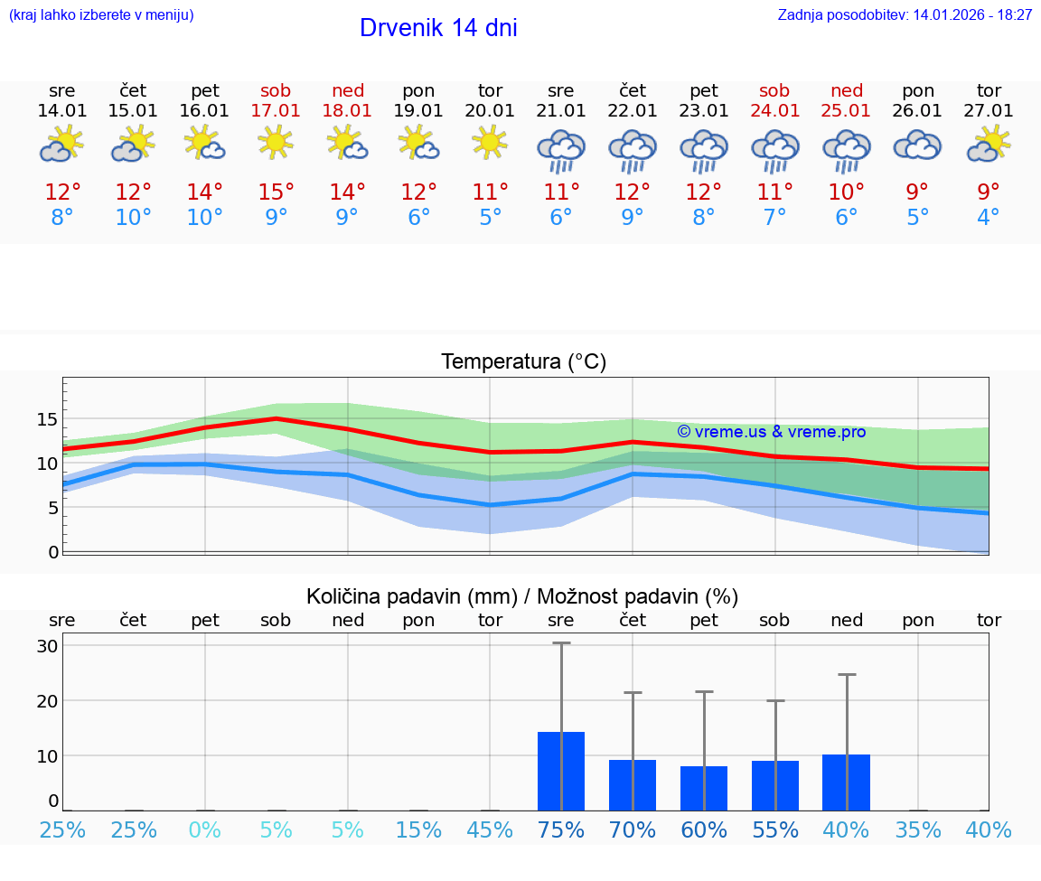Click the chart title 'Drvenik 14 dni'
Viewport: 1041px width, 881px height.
(x=438, y=28)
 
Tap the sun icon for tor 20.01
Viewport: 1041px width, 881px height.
(x=490, y=143)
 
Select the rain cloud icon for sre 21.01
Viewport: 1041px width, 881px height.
(x=561, y=150)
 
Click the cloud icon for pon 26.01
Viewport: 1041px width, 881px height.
(x=917, y=145)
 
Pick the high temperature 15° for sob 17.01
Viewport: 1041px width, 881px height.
(x=277, y=192)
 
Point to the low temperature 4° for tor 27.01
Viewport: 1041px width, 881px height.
(x=989, y=218)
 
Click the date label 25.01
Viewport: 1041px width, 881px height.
(x=847, y=110)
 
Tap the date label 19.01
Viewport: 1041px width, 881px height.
(x=418, y=110)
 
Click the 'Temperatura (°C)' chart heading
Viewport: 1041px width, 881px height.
(x=523, y=361)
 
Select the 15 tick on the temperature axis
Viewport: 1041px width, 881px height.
(x=48, y=419)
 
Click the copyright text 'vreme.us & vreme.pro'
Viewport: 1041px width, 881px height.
(x=771, y=432)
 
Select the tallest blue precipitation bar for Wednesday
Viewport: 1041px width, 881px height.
(x=561, y=771)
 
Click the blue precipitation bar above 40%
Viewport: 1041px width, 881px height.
(x=847, y=783)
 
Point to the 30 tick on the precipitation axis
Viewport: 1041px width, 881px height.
(x=48, y=646)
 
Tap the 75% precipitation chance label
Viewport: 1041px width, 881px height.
(x=561, y=829)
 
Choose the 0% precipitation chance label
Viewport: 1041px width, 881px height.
(x=205, y=829)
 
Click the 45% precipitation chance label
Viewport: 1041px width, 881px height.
(x=490, y=829)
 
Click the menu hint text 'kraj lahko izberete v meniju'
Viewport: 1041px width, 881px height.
(x=101, y=14)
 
